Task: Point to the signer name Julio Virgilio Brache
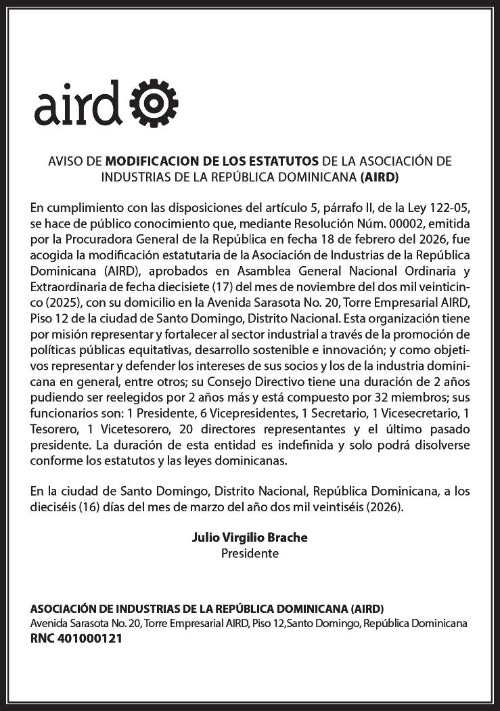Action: tap(250, 538)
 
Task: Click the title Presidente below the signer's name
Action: tap(250, 553)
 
